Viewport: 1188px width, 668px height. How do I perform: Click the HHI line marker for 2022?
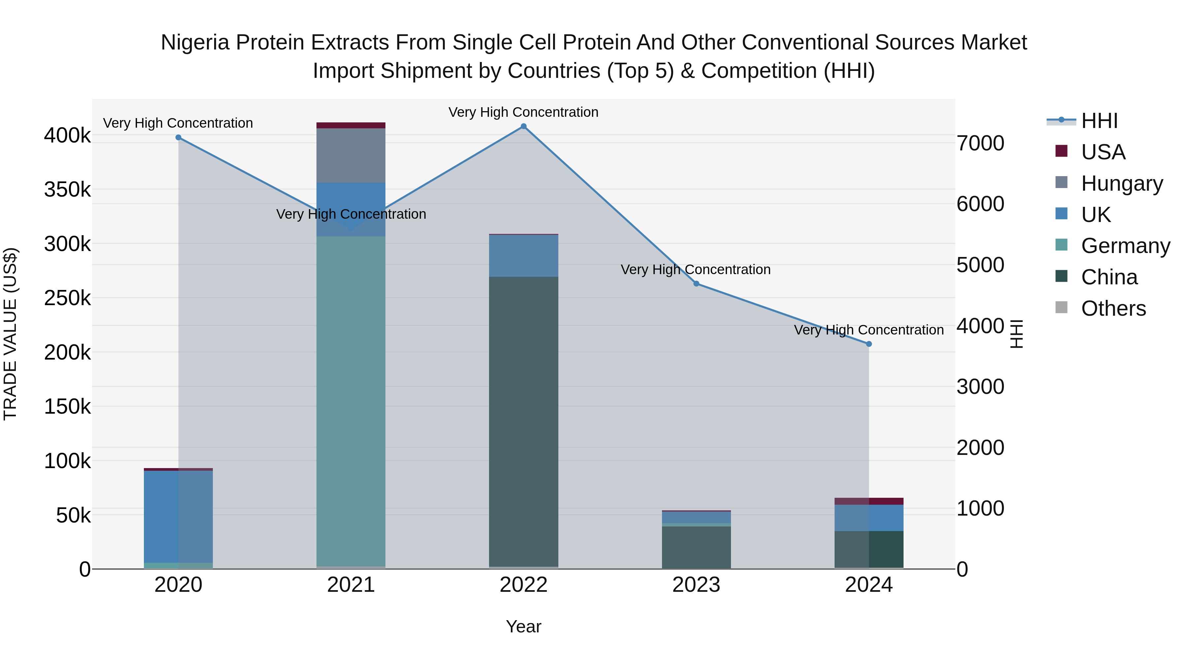pos(523,126)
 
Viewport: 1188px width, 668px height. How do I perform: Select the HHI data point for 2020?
pos(179,137)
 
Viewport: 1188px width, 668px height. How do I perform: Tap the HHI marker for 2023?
pos(696,283)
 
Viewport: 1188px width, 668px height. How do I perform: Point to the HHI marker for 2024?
pos(869,344)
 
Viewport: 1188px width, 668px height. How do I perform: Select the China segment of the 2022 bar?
pos(523,422)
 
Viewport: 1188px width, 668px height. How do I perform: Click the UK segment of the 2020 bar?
pos(179,516)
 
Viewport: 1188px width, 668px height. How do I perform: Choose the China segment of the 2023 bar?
pos(696,547)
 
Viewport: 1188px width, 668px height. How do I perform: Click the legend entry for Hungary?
pos(1122,183)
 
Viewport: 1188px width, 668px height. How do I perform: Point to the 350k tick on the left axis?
pos(67,189)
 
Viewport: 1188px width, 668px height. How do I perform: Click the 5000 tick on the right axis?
pos(980,265)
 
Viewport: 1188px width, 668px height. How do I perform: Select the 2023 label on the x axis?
pos(696,585)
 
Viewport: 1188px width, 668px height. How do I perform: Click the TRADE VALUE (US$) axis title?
pos(10,334)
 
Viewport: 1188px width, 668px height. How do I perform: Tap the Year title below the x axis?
pos(523,626)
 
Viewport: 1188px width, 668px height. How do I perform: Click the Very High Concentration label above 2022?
pos(523,112)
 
